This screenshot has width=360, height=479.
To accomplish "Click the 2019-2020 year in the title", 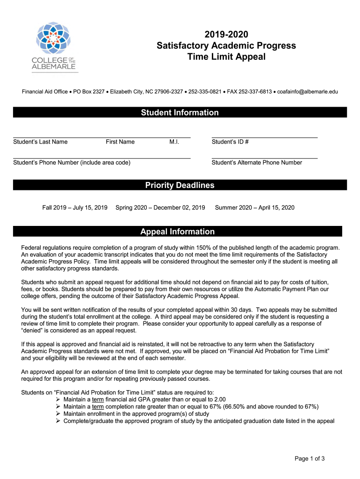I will click(x=226, y=34).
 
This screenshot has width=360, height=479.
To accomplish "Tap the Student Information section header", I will click(x=180, y=113).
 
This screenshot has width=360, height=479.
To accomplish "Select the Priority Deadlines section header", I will click(x=180, y=186).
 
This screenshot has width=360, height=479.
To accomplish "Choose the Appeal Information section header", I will click(x=178, y=232).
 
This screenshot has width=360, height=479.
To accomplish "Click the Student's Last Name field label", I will click(x=40, y=142).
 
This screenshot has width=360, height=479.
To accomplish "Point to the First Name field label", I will click(x=120, y=142).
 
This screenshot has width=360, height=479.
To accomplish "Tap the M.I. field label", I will click(x=175, y=142).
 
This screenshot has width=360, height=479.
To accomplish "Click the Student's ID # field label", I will click(x=230, y=142).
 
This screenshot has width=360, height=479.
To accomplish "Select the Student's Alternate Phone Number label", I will click(x=257, y=162).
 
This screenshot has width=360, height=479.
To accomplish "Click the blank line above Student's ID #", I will click(x=265, y=137).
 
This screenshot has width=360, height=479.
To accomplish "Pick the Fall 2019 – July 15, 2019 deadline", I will click(x=75, y=207).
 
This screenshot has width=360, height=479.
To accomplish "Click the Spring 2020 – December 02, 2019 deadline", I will click(x=160, y=207).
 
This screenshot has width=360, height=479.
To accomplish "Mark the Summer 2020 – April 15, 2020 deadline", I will click(x=255, y=207).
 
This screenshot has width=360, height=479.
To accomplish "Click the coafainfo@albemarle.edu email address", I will click(x=307, y=92).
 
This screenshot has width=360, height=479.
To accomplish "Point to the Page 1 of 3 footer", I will click(x=310, y=458).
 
